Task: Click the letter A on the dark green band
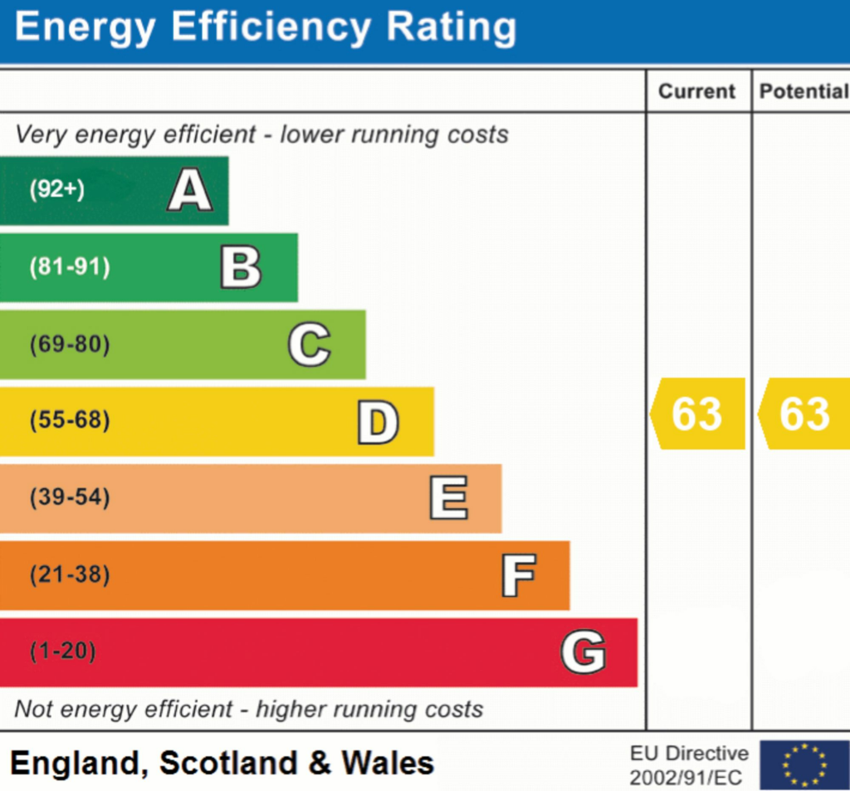[x=190, y=191]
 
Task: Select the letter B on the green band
[x=241, y=268]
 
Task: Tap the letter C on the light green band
[x=309, y=344]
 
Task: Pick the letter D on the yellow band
[x=378, y=422]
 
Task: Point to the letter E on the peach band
[x=448, y=499]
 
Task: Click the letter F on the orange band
[x=518, y=575]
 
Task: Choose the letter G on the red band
[x=583, y=652]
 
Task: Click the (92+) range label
[x=57, y=190]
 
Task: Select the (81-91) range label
[x=70, y=267]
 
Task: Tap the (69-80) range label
[x=70, y=344]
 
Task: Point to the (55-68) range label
[x=70, y=421]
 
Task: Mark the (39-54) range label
[x=70, y=498]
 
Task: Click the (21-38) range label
[x=70, y=574]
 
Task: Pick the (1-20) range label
[x=63, y=652]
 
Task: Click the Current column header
[x=697, y=91]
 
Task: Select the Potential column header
[x=803, y=91]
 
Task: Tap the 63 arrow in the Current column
[x=697, y=413]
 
